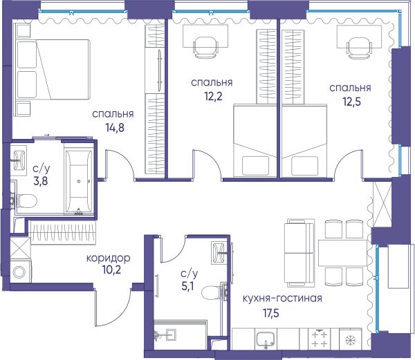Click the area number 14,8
click(115, 128)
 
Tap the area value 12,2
click(213, 97)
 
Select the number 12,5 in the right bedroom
click(352, 102)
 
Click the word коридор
click(109, 258)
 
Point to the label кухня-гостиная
click(282, 299)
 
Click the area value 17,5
click(271, 314)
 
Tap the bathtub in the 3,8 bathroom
click(79, 181)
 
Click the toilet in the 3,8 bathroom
click(26, 201)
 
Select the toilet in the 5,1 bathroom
click(211, 292)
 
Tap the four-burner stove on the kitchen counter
click(320, 339)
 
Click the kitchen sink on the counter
click(266, 340)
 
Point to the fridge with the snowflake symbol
click(351, 339)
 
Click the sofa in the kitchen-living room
click(299, 252)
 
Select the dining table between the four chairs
click(342, 253)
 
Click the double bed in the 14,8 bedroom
click(53, 70)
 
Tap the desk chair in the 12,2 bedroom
click(205, 47)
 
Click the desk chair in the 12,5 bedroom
click(359, 48)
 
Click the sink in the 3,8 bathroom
click(19, 160)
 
